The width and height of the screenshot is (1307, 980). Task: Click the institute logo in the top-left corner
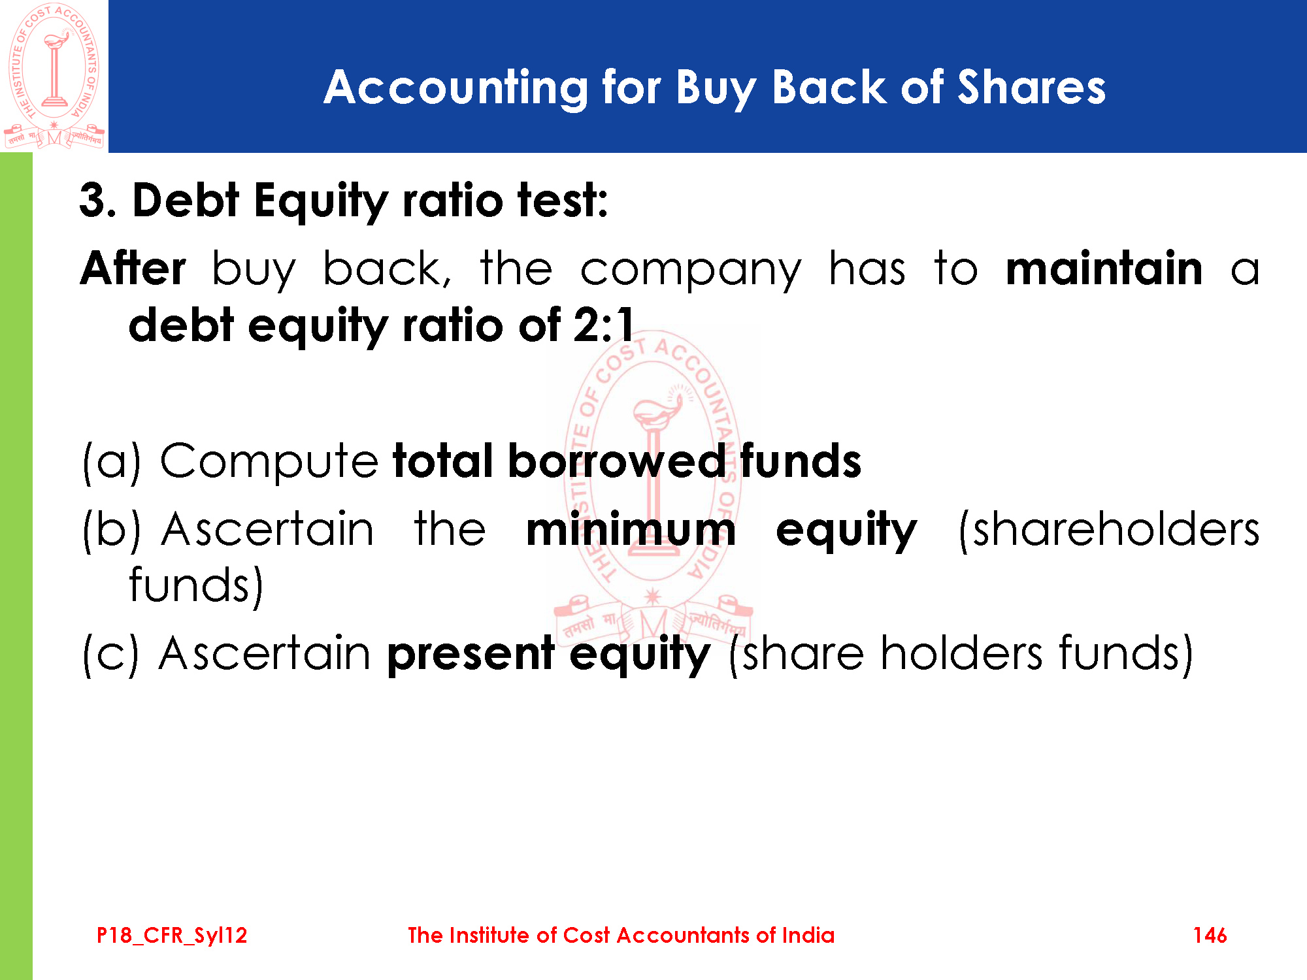pos(54,76)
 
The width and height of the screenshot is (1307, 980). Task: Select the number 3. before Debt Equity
pos(98,200)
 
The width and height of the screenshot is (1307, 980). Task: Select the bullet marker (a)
pos(112,463)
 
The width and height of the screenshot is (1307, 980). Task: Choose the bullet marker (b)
pos(112,529)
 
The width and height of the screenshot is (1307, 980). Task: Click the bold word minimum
pos(631,529)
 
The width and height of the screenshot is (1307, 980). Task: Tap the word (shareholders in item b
pos(1109,529)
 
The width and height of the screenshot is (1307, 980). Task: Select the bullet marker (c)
pos(111,653)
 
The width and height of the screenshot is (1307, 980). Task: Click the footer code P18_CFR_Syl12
pos(172,936)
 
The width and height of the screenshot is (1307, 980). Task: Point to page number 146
pos(1210,935)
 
